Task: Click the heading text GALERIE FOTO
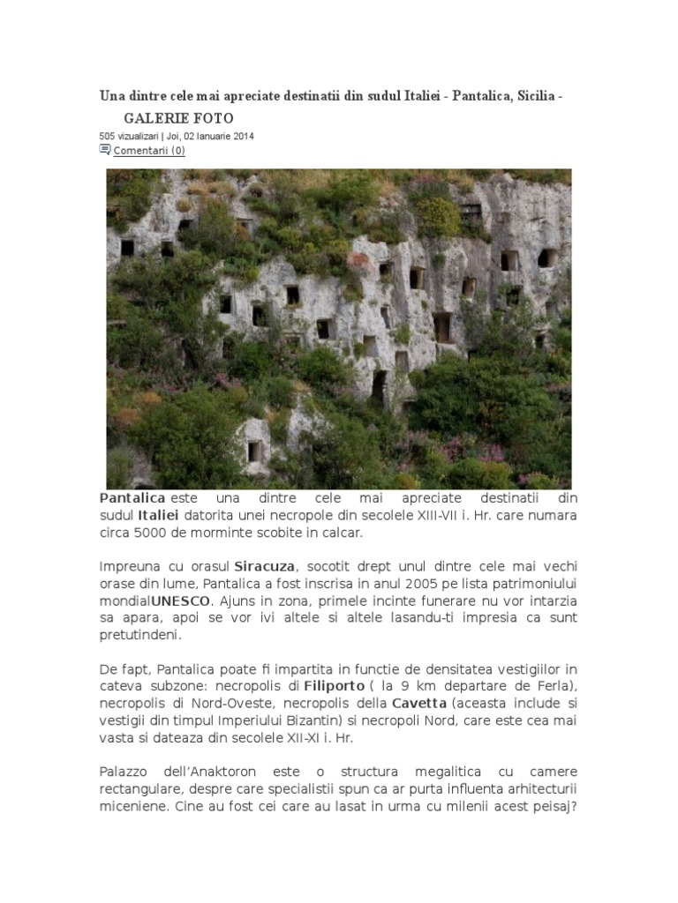coord(178,117)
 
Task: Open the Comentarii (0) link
coord(149,151)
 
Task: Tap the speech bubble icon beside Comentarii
coord(105,150)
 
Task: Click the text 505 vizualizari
coord(129,137)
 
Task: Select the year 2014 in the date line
coord(243,137)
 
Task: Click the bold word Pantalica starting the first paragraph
coord(132,498)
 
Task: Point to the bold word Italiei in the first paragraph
coord(160,515)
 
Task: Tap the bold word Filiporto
coord(334,685)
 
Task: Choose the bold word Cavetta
coord(419,703)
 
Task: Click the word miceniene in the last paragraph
coord(132,805)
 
